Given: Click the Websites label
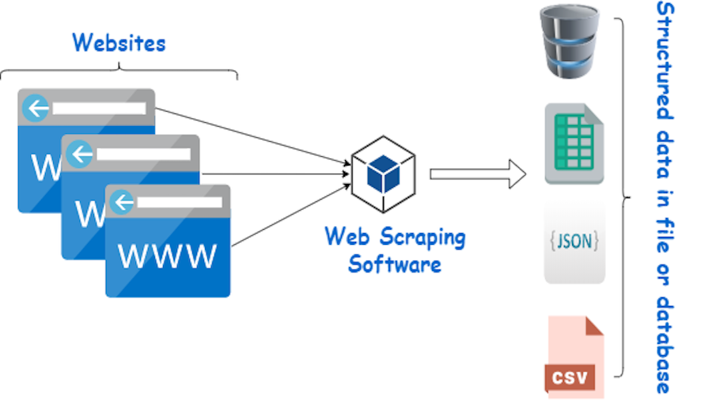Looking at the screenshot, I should (119, 43).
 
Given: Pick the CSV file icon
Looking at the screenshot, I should (574, 356).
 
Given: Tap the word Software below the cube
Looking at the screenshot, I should (395, 264).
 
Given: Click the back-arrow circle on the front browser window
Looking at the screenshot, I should (123, 202).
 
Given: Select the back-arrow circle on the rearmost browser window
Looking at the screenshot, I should (36, 107).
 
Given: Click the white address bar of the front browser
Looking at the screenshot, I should (178, 203).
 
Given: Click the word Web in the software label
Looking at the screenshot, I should (347, 237).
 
